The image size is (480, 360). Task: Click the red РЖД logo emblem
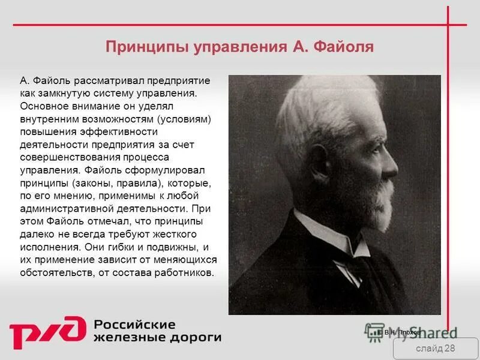pos(46,332)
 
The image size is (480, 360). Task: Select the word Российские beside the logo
pos(134,325)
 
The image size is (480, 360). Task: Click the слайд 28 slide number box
pos(435,349)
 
